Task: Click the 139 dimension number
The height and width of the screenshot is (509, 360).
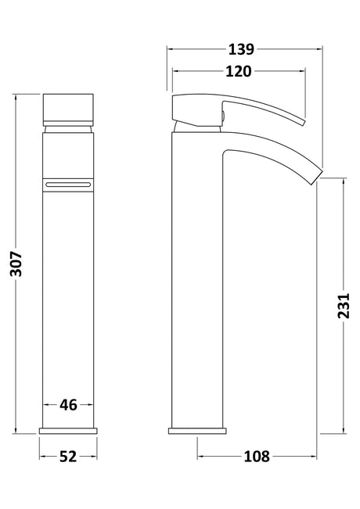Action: pos(241,49)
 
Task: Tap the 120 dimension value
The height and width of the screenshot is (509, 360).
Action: pos(239,71)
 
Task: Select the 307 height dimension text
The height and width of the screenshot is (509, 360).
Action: pos(16,263)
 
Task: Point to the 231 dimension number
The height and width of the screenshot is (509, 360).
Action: pos(344,306)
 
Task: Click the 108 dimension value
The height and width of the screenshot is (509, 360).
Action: pos(257,457)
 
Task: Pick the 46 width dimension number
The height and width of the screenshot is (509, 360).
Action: pos(68,405)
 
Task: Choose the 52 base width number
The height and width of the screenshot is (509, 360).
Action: pos(68,457)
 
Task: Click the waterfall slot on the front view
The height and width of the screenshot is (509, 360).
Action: pos(68,185)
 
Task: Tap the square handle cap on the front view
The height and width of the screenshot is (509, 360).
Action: pos(68,109)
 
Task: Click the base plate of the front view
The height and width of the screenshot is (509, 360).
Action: pos(68,431)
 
